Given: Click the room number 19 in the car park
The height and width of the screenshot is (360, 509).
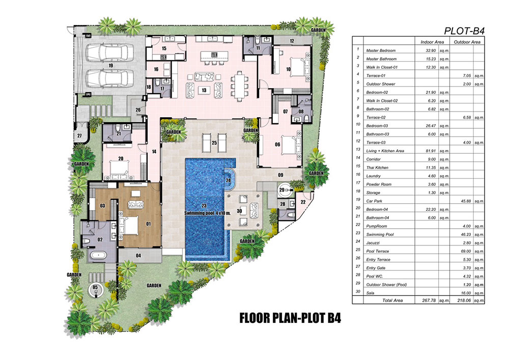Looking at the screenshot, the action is point(110,66).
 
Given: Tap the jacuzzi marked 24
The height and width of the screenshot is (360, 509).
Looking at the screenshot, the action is point(229,180).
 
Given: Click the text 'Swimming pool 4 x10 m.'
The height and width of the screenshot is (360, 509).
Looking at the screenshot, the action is point(208,213).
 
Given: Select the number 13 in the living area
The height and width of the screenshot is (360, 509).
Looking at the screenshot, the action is point(204,90).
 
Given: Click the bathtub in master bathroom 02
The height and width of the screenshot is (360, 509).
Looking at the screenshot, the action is point(98,256).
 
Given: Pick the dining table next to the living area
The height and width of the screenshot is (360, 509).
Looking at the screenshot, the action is point(240,86).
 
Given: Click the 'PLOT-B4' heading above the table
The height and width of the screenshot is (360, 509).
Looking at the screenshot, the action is point(464,31).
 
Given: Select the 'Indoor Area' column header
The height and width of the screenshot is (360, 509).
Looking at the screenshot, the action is point(432,42).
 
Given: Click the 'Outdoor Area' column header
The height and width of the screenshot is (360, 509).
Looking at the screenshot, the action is point(467,42).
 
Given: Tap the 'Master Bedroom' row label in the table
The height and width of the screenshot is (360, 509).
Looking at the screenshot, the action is point(381,50).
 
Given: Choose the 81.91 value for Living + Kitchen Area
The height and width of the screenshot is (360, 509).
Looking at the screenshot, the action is point(431,151).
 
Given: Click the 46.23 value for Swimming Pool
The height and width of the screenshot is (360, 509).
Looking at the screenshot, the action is point(466,234).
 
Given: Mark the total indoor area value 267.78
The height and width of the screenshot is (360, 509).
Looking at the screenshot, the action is point(429,300).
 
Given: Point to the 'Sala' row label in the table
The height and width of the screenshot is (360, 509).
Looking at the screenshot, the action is point(370,293).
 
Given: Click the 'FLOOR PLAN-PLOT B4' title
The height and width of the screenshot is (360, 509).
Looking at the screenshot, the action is point(290,318).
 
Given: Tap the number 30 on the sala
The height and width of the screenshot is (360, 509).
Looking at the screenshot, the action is point(239,211).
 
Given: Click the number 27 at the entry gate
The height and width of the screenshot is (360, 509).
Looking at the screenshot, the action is point(79,135).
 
